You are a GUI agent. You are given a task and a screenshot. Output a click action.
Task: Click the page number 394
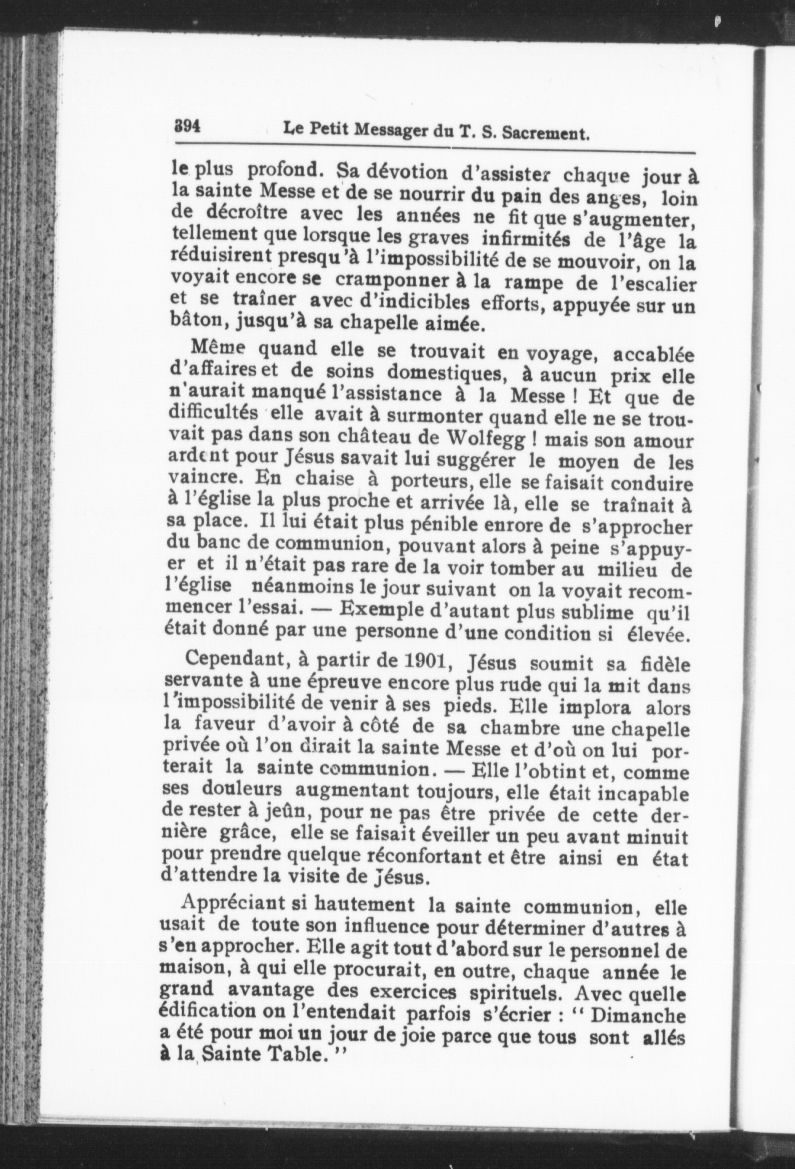[185, 126]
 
